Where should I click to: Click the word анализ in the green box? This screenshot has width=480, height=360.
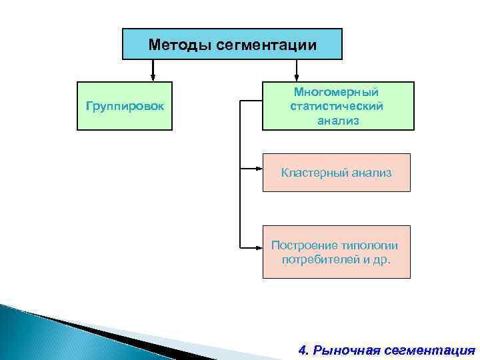pyautogui.click(x=337, y=121)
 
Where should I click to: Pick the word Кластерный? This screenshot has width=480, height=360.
pyautogui.click(x=311, y=173)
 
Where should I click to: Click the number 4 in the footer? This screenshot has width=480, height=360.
pyautogui.click(x=303, y=349)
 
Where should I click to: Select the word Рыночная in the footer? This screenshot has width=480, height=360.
pyautogui.click(x=347, y=349)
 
